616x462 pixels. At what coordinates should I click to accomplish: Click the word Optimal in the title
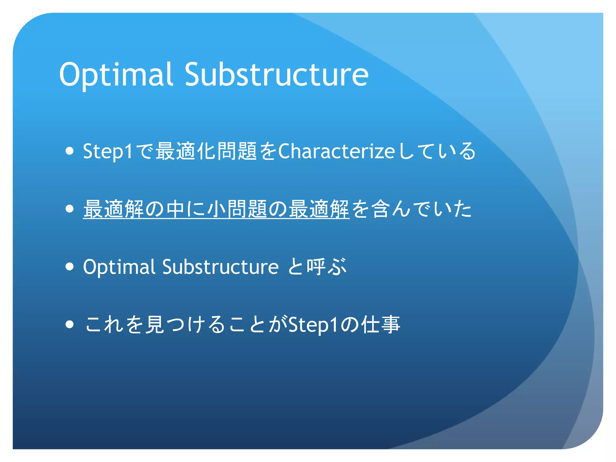click(x=116, y=74)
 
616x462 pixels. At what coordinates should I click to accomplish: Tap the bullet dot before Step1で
click(x=69, y=151)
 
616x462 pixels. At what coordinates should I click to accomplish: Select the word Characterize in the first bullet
click(x=336, y=151)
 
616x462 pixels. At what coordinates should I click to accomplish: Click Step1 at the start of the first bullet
click(x=108, y=151)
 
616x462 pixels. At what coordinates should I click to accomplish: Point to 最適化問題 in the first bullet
click(x=206, y=151)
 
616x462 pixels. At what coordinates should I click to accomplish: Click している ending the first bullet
click(x=437, y=151)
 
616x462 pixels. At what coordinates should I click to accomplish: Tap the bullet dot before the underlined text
click(x=69, y=209)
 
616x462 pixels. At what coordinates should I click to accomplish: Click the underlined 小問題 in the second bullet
click(x=237, y=209)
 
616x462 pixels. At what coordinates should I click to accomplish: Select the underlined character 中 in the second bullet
click(x=175, y=209)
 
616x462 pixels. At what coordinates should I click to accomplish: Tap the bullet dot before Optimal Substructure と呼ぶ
click(x=69, y=266)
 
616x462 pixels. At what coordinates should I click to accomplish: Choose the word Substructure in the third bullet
click(x=220, y=267)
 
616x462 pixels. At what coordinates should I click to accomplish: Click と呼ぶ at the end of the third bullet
click(x=317, y=267)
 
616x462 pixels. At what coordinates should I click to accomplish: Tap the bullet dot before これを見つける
click(x=69, y=324)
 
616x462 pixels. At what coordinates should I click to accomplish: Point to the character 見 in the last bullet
click(x=155, y=324)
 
